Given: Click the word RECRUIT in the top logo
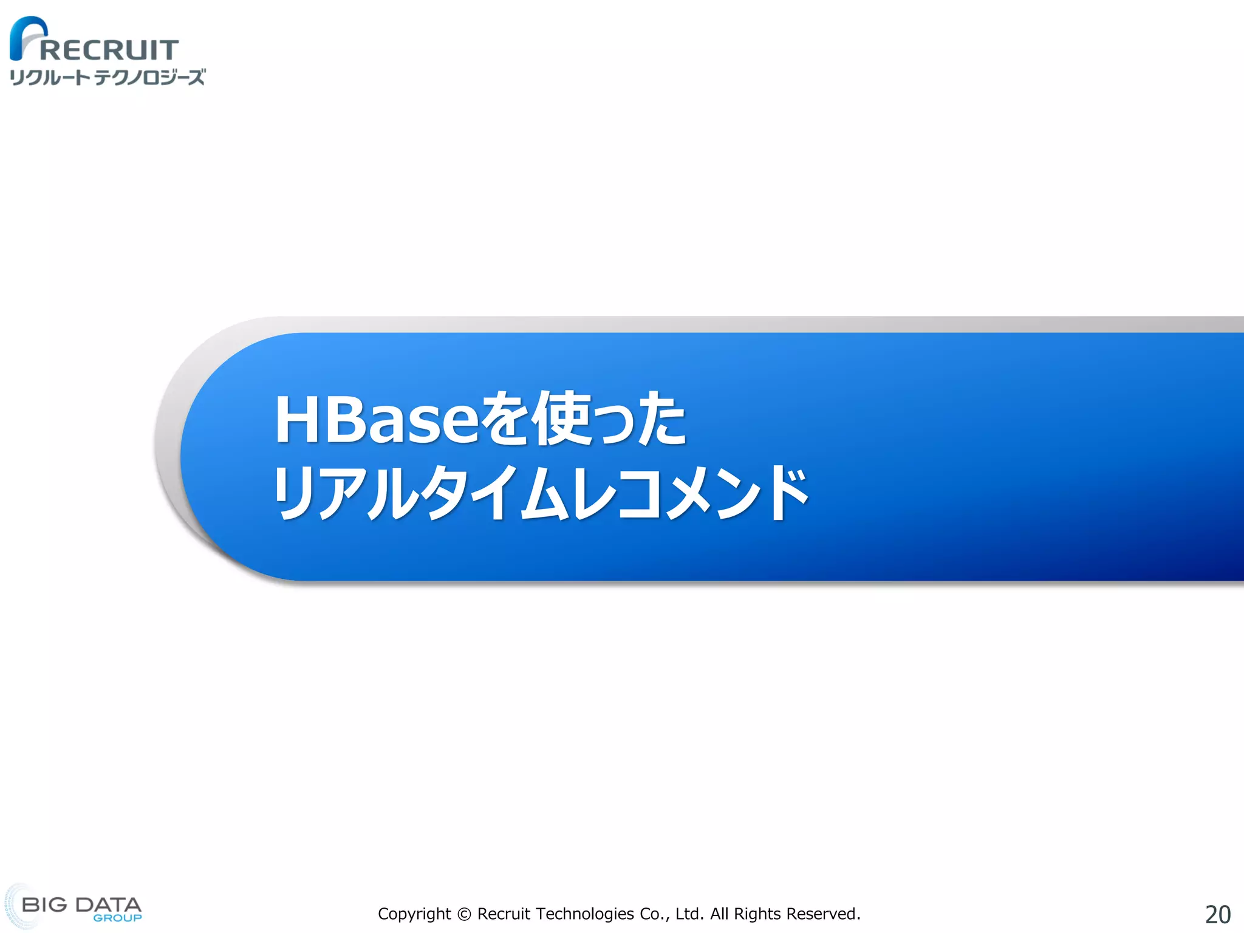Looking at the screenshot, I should coord(109,50).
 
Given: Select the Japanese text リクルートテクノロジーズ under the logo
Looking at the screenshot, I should coord(108,77).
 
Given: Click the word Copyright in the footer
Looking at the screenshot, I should coord(414,914).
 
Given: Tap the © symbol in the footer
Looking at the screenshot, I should coord(464,914).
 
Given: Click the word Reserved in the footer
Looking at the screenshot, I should coord(822,914).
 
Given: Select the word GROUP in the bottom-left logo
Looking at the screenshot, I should coord(117,918).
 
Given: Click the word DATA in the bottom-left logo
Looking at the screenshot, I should coord(108,904).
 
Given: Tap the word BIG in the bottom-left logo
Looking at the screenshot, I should coord(44,904).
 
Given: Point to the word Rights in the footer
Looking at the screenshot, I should coord(757,914).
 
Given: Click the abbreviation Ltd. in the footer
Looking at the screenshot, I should coord(689,914).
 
